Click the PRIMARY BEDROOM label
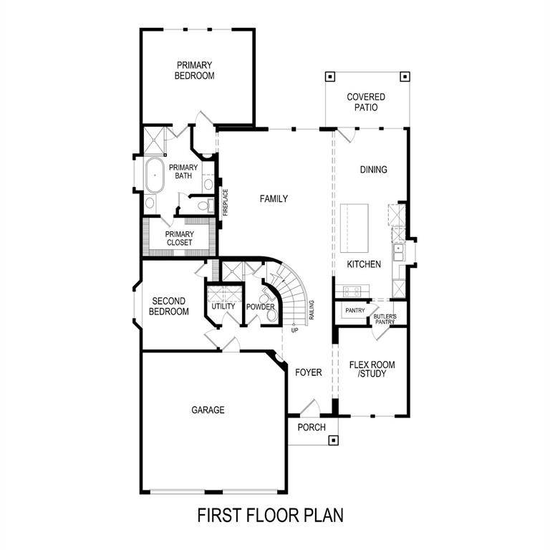click(x=194, y=69)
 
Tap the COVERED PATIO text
click(x=365, y=102)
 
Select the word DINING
click(x=373, y=170)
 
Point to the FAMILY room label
click(x=274, y=198)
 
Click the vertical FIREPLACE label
click(x=225, y=202)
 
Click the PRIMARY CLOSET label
click(x=179, y=238)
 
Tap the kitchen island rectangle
click(x=354, y=228)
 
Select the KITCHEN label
click(x=364, y=264)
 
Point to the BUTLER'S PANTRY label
click(x=385, y=319)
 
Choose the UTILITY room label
click(x=223, y=307)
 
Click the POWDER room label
click(x=261, y=307)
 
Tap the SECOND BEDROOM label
click(x=168, y=307)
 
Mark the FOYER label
click(x=309, y=372)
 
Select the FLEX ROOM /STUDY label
click(x=372, y=369)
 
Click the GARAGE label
click(x=208, y=410)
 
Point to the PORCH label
click(x=312, y=428)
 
